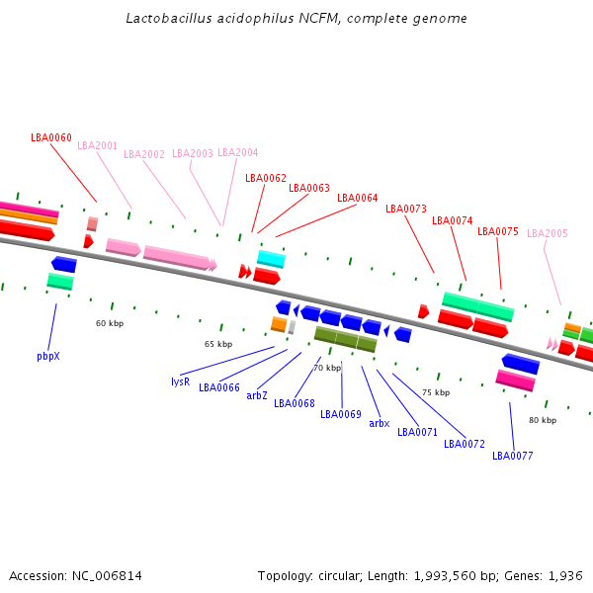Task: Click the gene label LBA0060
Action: tap(51, 137)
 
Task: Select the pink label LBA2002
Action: tap(144, 154)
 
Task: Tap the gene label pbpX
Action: tap(48, 356)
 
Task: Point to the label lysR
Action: tap(181, 381)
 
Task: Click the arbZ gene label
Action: tap(257, 395)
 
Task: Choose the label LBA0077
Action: tap(512, 456)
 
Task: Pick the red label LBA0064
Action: tap(358, 198)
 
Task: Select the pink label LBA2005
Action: tap(548, 233)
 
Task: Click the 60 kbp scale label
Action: tap(110, 323)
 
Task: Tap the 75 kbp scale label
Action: tap(436, 392)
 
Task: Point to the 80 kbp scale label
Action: tap(543, 420)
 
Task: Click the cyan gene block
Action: tap(271, 259)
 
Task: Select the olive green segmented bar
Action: tap(346, 339)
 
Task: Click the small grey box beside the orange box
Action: tap(292, 327)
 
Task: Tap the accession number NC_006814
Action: tap(107, 576)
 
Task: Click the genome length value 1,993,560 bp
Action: tap(445, 576)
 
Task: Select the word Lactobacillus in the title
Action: tap(169, 18)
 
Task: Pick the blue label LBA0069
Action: tap(341, 414)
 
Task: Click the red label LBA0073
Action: tap(406, 209)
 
